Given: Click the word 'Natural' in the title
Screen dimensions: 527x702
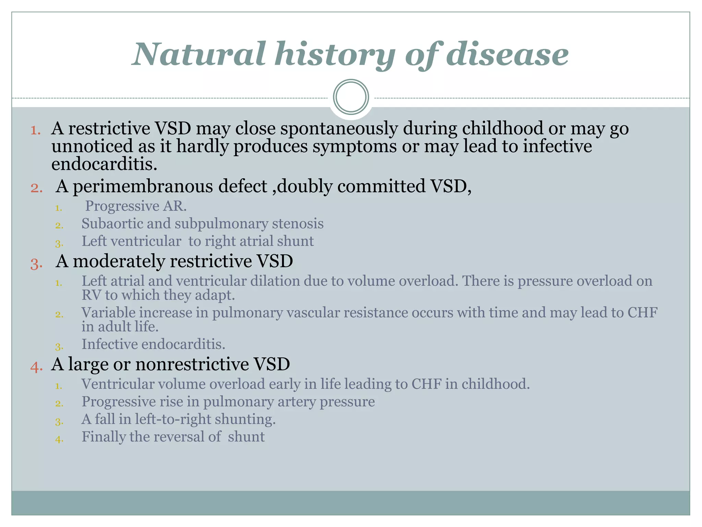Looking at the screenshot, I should coord(199,54).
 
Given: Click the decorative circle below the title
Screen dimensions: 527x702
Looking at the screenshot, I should coord(351,97).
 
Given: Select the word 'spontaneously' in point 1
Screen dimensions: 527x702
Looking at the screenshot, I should coord(339,129).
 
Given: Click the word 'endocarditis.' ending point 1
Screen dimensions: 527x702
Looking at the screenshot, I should coord(104,164).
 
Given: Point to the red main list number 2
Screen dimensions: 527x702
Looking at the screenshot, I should coord(36,188).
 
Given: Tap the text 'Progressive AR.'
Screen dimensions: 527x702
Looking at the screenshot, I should coord(136,206).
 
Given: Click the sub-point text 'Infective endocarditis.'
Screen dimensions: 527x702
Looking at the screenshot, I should coord(153,344).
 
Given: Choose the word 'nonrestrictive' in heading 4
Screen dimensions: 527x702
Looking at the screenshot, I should coord(192,364).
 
